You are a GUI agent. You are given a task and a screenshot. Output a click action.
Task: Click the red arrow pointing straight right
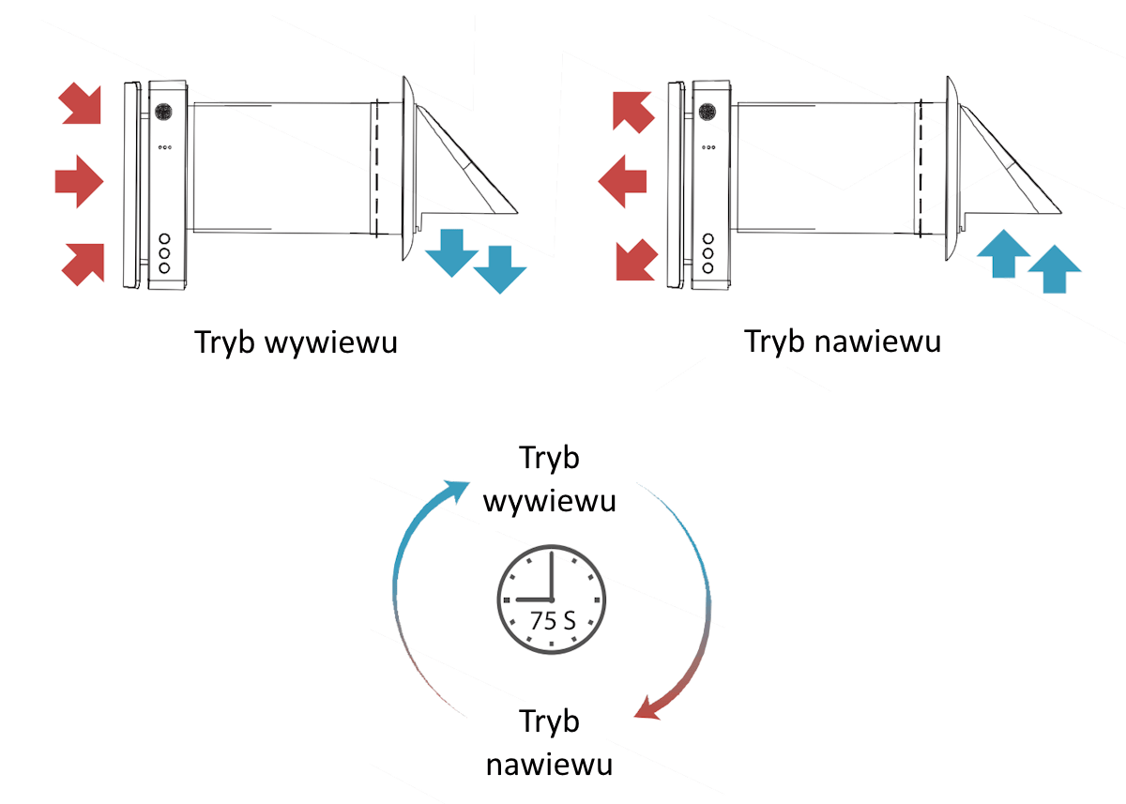79,181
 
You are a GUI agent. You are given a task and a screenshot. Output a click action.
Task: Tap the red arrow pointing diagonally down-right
81,102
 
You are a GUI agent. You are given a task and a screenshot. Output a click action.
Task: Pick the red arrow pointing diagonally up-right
83,263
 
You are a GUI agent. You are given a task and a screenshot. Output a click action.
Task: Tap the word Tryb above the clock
549,460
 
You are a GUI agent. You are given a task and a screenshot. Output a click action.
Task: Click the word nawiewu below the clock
550,764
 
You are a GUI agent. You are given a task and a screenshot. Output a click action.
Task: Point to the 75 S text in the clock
553,622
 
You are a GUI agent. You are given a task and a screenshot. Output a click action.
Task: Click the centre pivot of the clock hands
551,599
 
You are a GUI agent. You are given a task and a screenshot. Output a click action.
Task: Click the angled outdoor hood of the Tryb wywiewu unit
464,164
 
